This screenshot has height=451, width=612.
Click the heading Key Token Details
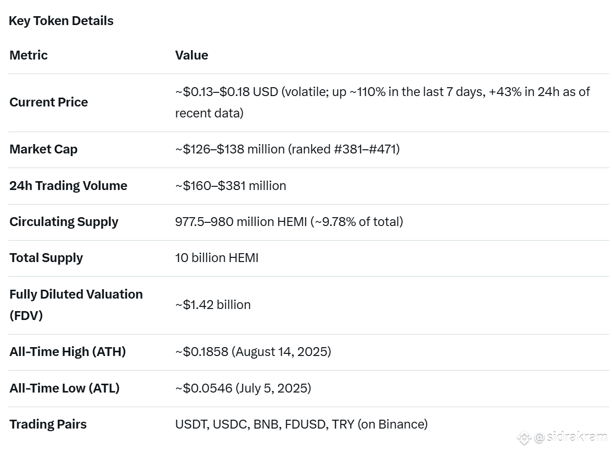click(x=61, y=21)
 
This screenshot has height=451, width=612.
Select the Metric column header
click(x=29, y=55)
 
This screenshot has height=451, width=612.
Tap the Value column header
click(x=191, y=55)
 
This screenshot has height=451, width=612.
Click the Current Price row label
click(x=49, y=102)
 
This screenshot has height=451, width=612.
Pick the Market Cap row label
click(x=43, y=149)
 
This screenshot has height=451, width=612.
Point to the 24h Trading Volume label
click(x=68, y=186)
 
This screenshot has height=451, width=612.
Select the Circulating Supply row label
click(x=64, y=222)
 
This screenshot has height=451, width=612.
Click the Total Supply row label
click(x=46, y=258)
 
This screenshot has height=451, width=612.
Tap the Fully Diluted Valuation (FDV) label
click(x=76, y=305)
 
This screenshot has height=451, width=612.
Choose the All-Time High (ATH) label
click(x=67, y=352)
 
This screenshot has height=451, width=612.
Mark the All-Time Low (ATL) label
click(x=64, y=388)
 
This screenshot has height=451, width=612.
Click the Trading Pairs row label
click(x=48, y=424)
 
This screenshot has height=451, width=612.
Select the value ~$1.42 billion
click(x=213, y=305)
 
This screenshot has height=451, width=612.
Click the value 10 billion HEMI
click(x=217, y=258)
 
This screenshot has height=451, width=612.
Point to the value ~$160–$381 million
click(x=231, y=186)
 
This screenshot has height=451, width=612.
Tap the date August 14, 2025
click(x=282, y=352)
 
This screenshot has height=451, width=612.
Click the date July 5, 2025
click(x=273, y=388)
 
